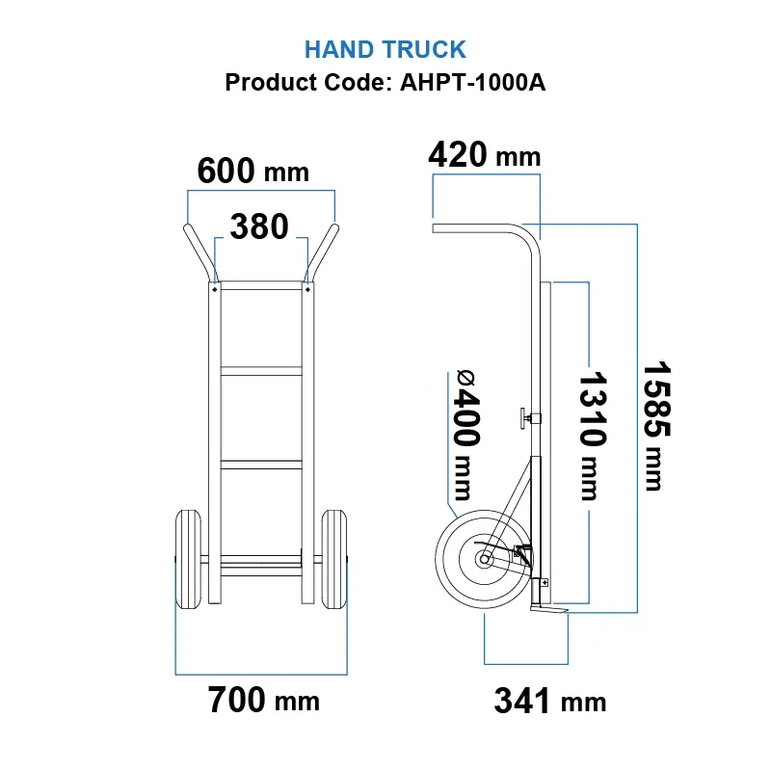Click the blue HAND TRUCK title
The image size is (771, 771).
pos(385,49)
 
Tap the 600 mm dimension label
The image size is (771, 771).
pos(253,172)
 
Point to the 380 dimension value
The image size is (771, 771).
pos(259,227)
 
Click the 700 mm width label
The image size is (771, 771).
pos(263,700)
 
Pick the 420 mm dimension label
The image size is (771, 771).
pos(484,154)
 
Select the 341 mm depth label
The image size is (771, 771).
pos(550,701)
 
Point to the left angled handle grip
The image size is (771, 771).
pos(197,249)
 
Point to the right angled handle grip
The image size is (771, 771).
pos(324,249)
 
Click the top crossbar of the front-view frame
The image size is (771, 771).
pos(260,286)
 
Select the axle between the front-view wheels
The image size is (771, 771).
pos(260,559)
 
